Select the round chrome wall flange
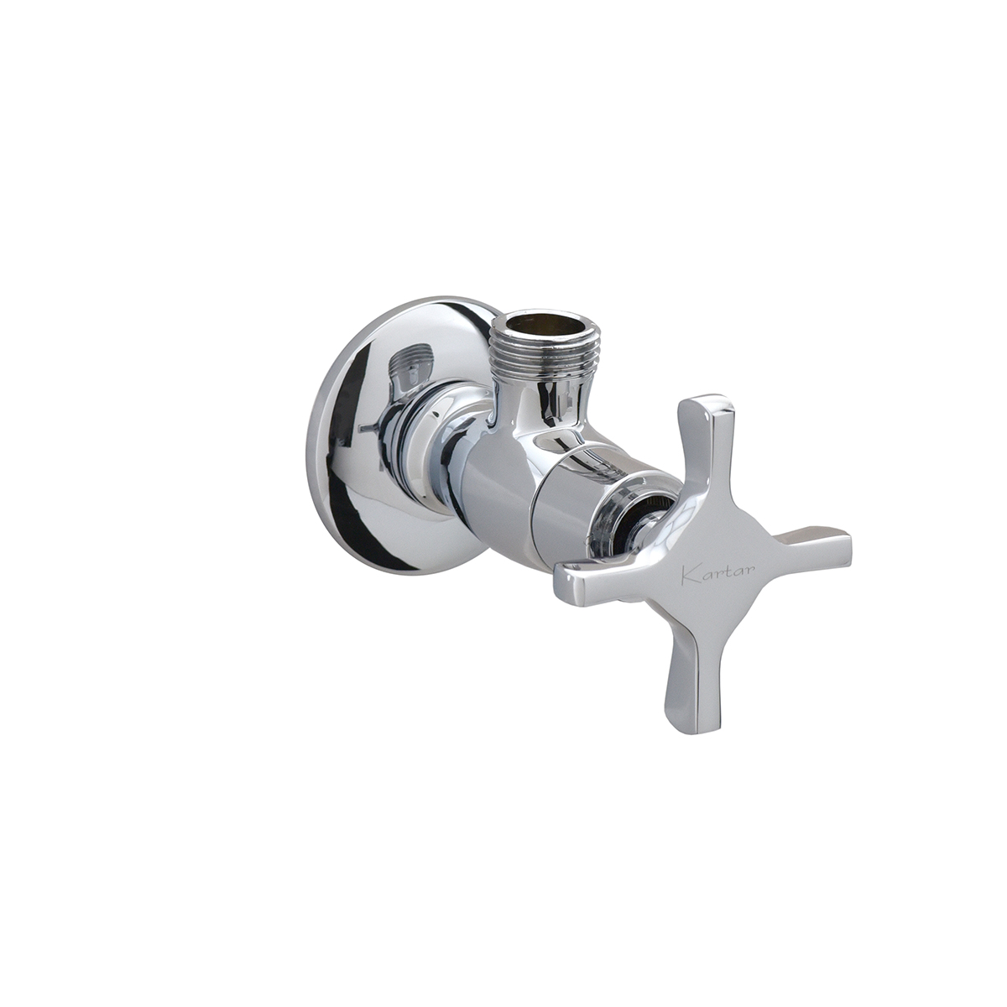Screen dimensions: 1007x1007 point(397,438)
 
